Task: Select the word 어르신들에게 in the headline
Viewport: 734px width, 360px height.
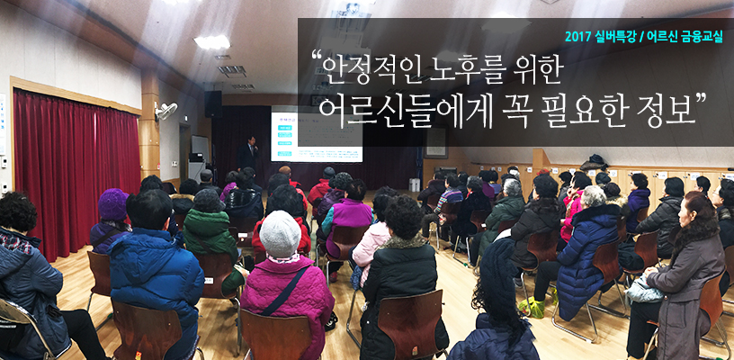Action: point(404,112)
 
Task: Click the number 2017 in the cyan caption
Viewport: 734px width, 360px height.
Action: point(578,37)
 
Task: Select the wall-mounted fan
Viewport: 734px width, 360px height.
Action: point(166,111)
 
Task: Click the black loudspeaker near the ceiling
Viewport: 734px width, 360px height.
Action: point(213,103)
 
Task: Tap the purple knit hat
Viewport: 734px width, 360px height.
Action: point(112,204)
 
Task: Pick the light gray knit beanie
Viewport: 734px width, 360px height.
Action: point(280,233)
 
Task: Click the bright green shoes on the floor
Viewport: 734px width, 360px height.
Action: point(533,307)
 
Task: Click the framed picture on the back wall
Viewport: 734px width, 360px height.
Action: point(435,142)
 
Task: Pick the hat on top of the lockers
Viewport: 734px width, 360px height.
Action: point(595,162)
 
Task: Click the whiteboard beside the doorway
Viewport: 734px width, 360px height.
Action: point(200,148)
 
